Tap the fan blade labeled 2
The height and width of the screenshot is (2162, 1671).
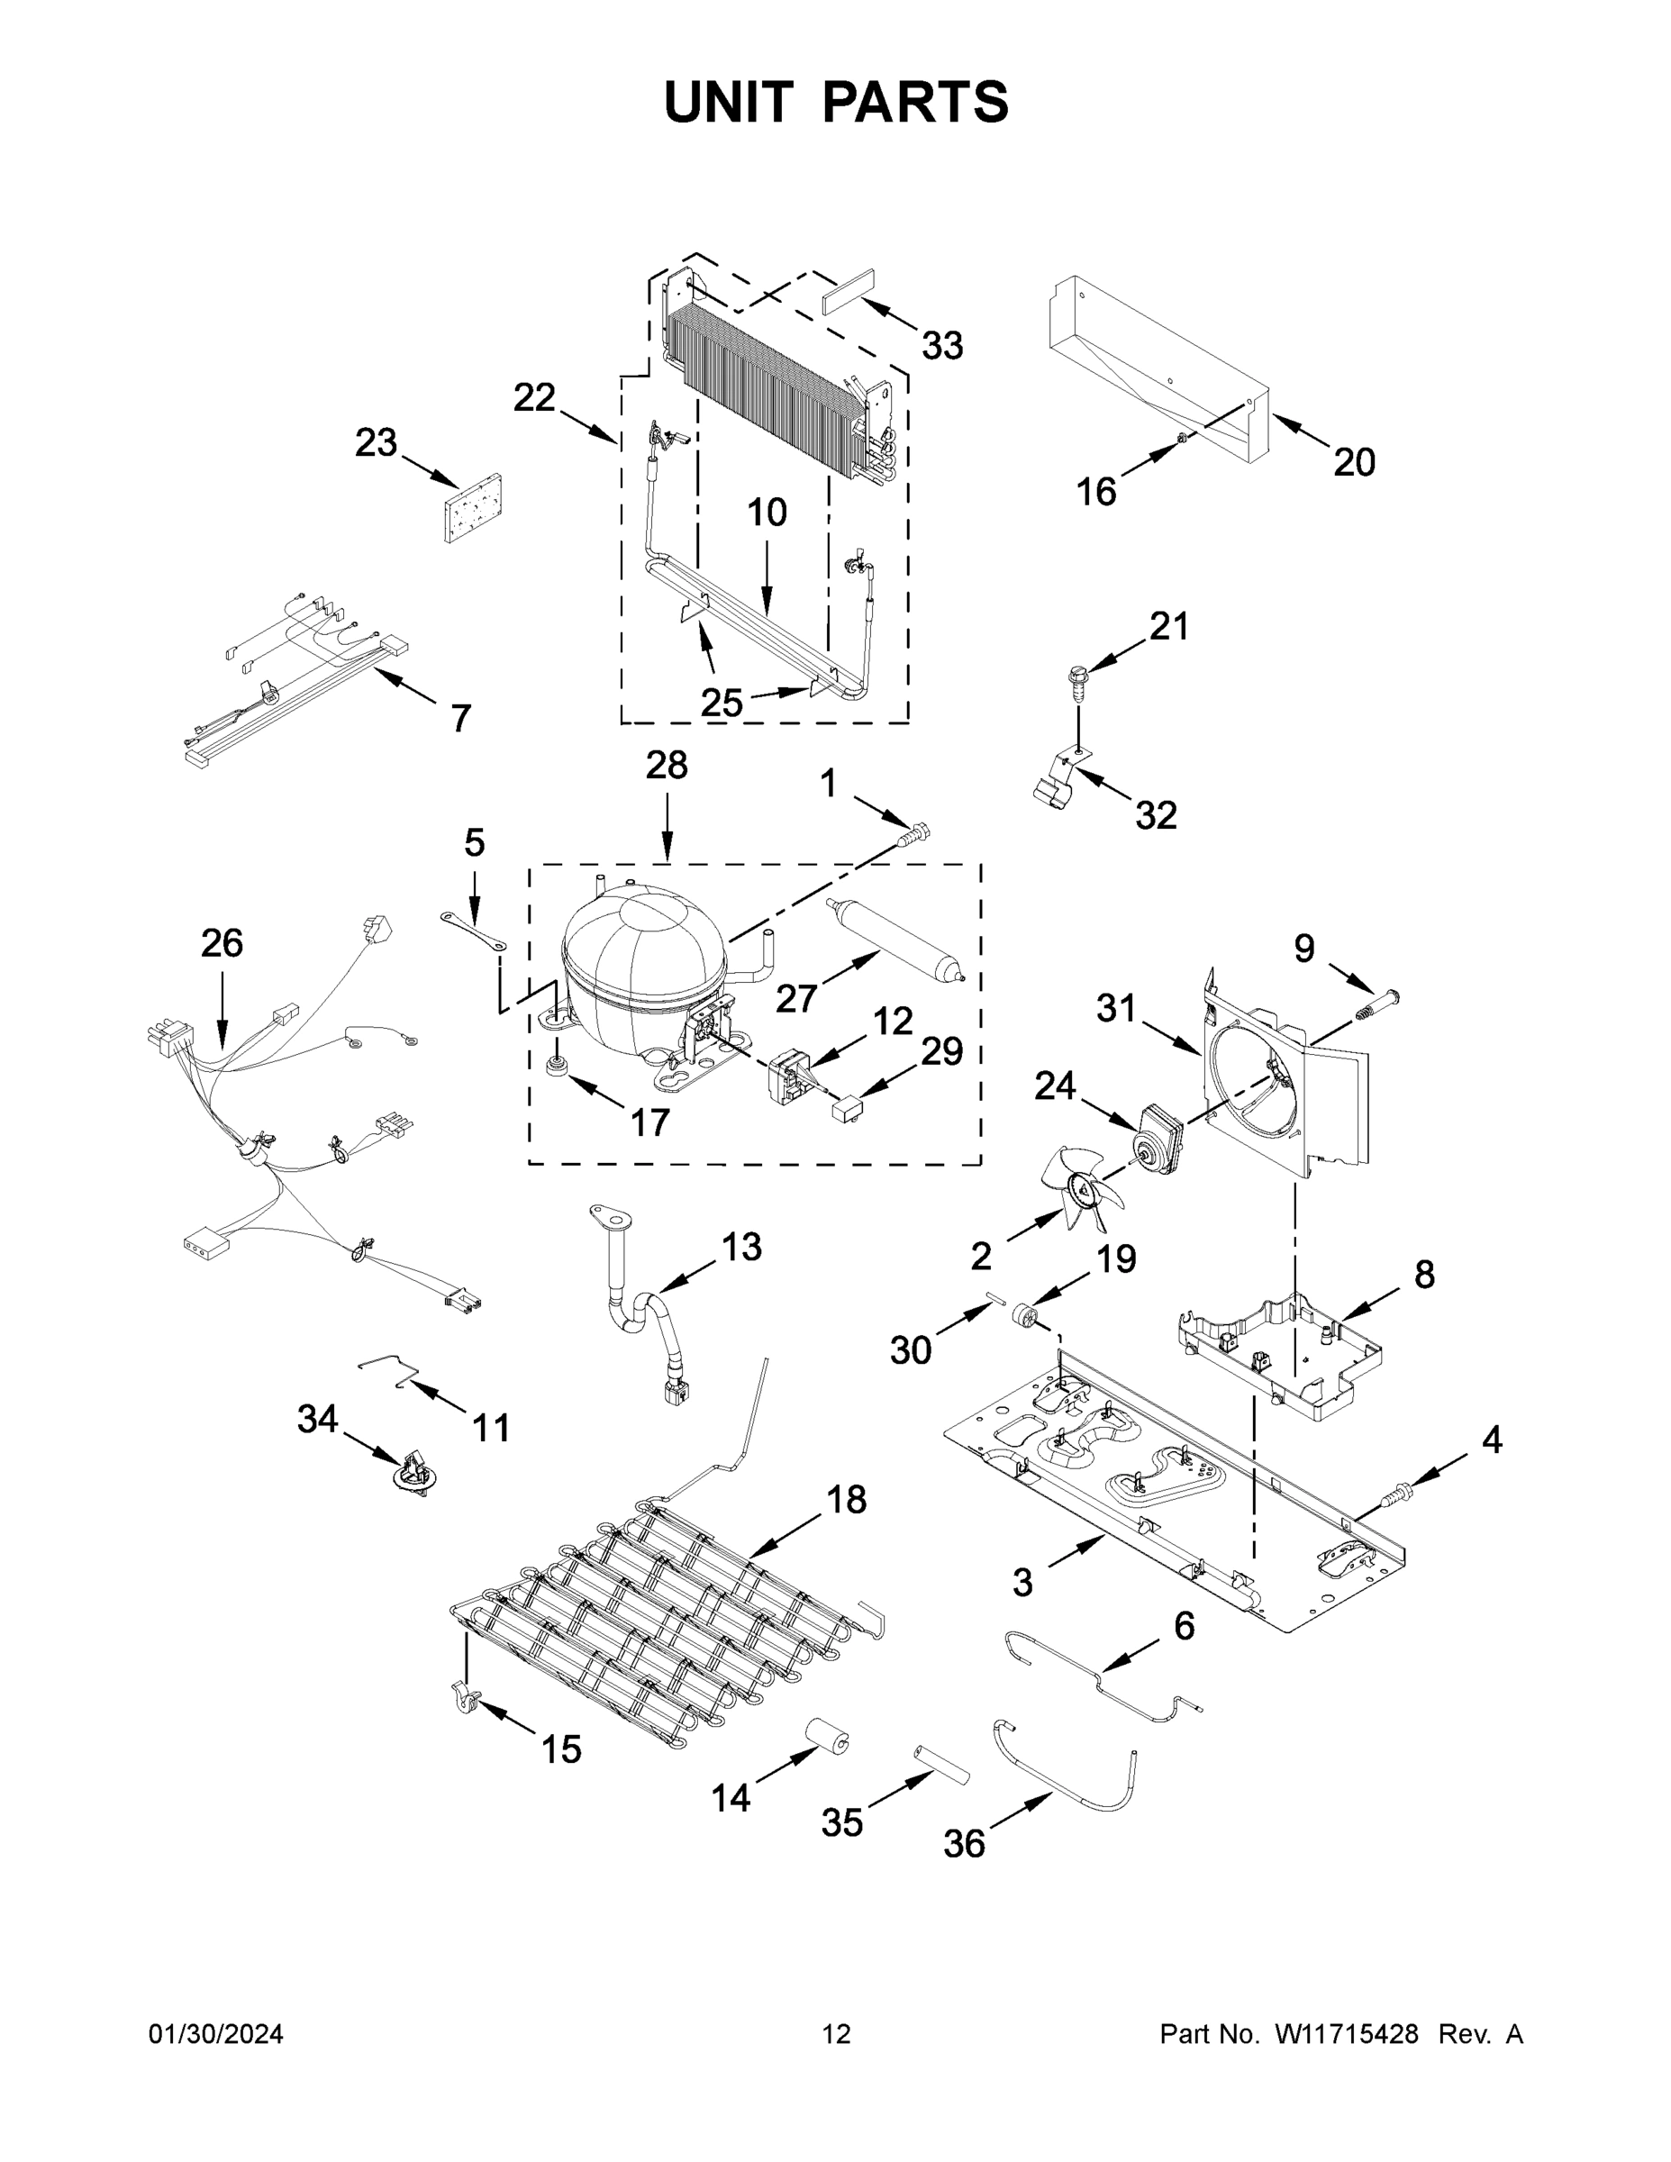click(x=1081, y=1185)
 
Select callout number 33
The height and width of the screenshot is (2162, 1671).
click(x=941, y=347)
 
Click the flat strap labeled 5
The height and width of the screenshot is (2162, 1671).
click(x=473, y=932)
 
